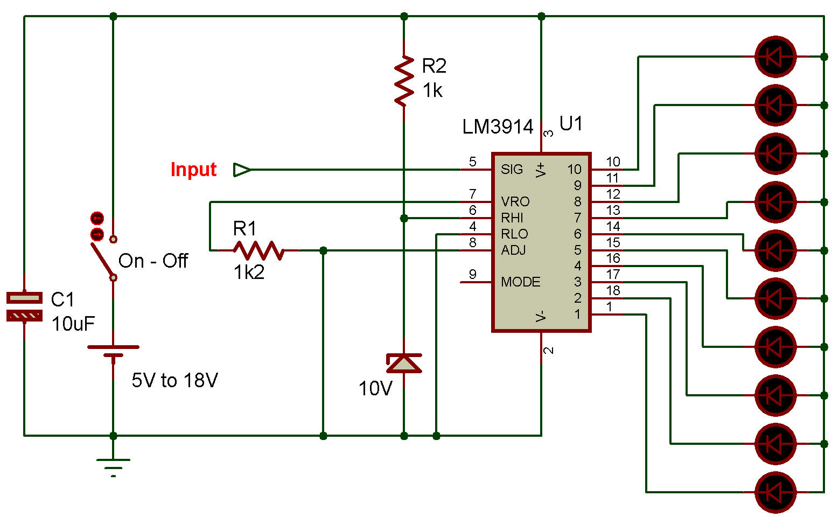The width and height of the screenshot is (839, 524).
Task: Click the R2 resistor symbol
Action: (404, 80)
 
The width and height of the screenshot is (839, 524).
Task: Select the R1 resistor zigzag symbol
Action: (258, 250)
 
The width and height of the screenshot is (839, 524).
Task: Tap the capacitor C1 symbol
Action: (24, 306)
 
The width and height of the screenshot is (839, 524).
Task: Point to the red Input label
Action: (193, 170)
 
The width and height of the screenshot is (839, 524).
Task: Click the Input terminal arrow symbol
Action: (242, 170)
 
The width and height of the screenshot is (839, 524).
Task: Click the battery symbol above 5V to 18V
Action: (113, 351)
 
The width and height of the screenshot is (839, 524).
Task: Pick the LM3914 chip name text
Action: (498, 127)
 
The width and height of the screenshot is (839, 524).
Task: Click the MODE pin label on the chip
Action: (520, 282)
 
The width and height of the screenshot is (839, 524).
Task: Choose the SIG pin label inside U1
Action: (512, 170)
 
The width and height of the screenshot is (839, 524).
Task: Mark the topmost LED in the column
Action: (775, 57)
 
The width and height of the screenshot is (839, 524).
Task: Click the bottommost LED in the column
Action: (775, 492)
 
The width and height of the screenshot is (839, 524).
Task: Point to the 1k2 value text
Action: (249, 273)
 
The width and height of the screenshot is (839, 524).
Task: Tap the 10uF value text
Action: (73, 324)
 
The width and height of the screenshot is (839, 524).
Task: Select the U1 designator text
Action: (571, 124)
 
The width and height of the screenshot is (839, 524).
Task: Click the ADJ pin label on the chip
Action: (513, 250)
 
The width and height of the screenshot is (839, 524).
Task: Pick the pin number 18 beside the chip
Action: (613, 291)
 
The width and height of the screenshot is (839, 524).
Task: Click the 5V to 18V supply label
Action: (174, 381)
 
